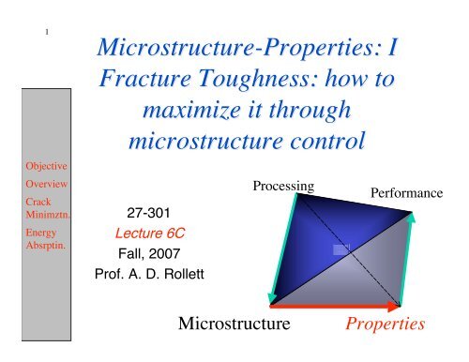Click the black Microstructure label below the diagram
pos(233,324)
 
